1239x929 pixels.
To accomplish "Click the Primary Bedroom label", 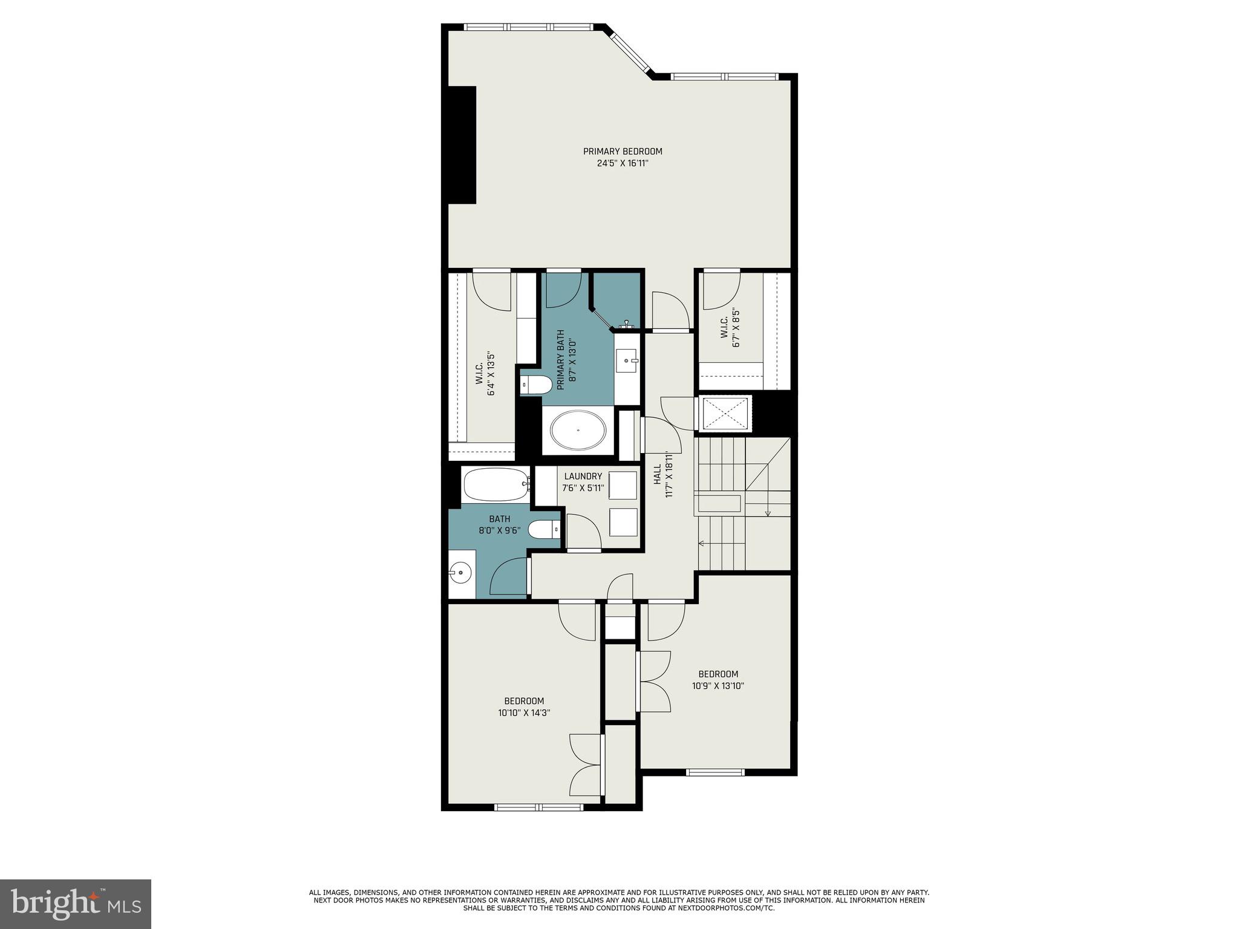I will pos(622,151).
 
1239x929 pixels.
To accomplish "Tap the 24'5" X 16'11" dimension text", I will pos(622,163).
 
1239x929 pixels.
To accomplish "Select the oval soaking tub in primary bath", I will pos(578,430).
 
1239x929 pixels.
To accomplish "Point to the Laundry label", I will pos(583,476).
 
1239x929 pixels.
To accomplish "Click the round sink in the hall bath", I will pos(461,572).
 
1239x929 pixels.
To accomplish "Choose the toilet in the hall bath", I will pos(545,530).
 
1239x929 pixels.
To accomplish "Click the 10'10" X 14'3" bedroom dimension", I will pos(524,713).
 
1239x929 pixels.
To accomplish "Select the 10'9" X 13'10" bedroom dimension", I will pos(718,686).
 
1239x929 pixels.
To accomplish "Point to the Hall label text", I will pos(657,474).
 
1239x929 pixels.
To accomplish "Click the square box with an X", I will pos(725,414).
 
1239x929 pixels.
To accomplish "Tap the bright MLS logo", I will pos(76,904).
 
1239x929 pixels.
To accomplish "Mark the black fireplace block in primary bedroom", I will pos(462,145).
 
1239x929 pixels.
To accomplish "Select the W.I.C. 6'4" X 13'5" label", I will pos(485,375).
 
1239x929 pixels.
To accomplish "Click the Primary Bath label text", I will pos(560,359).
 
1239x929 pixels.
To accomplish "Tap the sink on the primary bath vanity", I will pos(626,361).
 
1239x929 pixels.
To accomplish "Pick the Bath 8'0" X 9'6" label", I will pos(499,524).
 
